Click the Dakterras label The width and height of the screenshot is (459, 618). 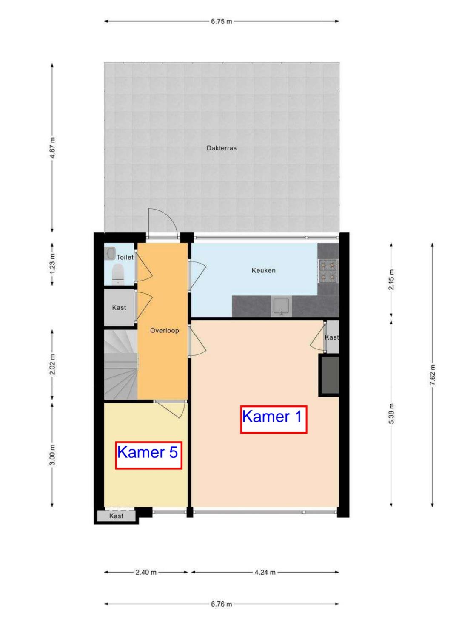[x=221, y=148]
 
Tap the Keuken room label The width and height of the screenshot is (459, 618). [x=263, y=270]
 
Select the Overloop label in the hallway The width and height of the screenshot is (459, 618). [x=164, y=330]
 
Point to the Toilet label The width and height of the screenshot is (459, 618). [x=125, y=257]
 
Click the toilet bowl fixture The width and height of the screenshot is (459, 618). [x=118, y=274]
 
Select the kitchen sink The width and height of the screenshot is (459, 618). [x=281, y=306]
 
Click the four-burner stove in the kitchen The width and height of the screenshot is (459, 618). [x=328, y=270]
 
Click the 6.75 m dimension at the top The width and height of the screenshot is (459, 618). [x=221, y=21]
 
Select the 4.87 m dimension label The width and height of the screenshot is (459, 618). [x=52, y=147]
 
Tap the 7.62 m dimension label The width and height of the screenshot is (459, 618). [x=432, y=375]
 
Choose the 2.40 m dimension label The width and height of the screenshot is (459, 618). [x=146, y=572]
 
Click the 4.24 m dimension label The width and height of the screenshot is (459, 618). [x=265, y=572]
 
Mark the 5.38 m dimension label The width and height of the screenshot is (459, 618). [x=391, y=414]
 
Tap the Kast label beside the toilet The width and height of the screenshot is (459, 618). [x=119, y=308]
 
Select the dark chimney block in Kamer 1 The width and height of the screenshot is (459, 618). [x=329, y=375]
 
